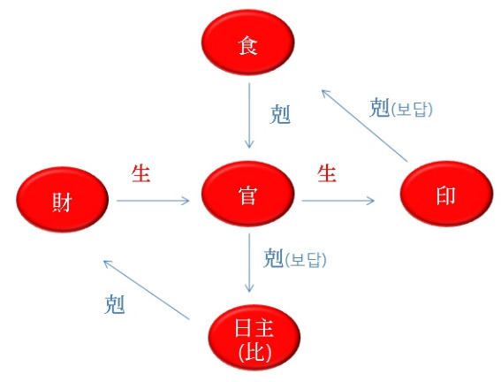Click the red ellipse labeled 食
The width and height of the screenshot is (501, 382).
pos(247,42)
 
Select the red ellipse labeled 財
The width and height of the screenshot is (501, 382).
pos(63,200)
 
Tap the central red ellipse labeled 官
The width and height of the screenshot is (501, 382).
pos(247,194)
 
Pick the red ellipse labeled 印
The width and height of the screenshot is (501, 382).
pos(446,194)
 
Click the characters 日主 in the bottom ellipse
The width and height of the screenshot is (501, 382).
pos(254,328)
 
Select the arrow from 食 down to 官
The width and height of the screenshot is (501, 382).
pos(249,116)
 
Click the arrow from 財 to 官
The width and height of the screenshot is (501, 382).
pos(153,201)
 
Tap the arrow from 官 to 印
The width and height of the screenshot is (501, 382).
pos(338,201)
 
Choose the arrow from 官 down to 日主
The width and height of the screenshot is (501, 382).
pos(249,263)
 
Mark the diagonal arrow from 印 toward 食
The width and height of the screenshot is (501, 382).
pos(365,126)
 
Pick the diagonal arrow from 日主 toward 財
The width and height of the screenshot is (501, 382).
pos(147,290)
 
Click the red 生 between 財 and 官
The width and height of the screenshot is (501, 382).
pos(140,173)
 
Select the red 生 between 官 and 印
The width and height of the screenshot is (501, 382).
pos(327,173)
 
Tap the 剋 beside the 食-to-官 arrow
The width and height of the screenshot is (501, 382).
pos(280,114)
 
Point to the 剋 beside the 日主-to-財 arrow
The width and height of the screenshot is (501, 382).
pos(115,304)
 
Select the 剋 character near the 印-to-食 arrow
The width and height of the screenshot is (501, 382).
pos(380,108)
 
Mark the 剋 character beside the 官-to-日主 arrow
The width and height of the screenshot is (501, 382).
pos(274,258)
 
